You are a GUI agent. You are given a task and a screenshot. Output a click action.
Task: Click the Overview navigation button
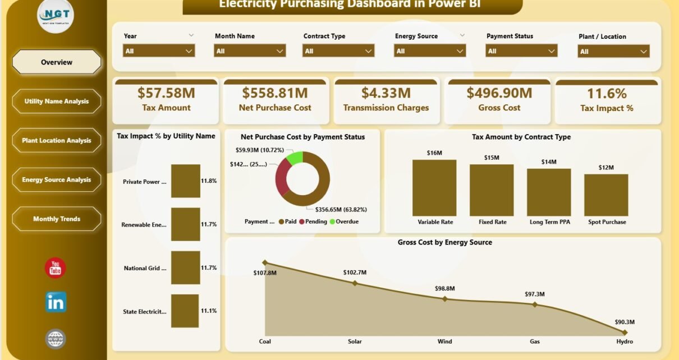57,62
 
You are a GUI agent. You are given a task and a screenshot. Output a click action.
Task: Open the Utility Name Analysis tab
57,101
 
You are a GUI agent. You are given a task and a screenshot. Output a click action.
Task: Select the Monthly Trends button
57,219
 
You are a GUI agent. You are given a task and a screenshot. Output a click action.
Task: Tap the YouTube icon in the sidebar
55,268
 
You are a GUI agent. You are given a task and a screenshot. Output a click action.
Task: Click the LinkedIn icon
56,302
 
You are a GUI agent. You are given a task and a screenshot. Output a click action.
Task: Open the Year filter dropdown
159,51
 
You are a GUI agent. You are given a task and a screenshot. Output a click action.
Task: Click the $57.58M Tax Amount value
166,93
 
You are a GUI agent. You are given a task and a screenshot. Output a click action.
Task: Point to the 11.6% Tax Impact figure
607,93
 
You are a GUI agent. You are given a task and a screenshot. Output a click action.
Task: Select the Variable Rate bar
434,188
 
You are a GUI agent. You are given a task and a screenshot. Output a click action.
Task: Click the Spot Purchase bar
606,195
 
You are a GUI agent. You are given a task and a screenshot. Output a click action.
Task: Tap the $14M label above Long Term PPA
549,162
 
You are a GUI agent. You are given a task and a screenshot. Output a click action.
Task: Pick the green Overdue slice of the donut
295,158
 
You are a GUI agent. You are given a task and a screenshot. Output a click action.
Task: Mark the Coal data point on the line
265,262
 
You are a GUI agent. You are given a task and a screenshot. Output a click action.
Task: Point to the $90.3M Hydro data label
624,322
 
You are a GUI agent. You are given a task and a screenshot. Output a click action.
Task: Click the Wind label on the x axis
445,341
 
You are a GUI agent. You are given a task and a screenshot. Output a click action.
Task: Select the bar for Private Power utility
186,181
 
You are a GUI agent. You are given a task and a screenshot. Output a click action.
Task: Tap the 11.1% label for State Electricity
209,311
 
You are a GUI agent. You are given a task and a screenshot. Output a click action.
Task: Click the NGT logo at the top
56,15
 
